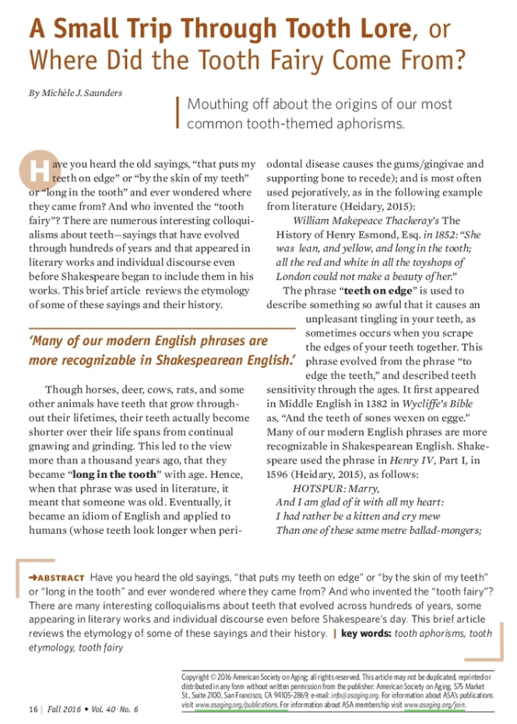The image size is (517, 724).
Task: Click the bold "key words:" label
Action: [x=366, y=634]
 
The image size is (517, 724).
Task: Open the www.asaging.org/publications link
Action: [x=236, y=705]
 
